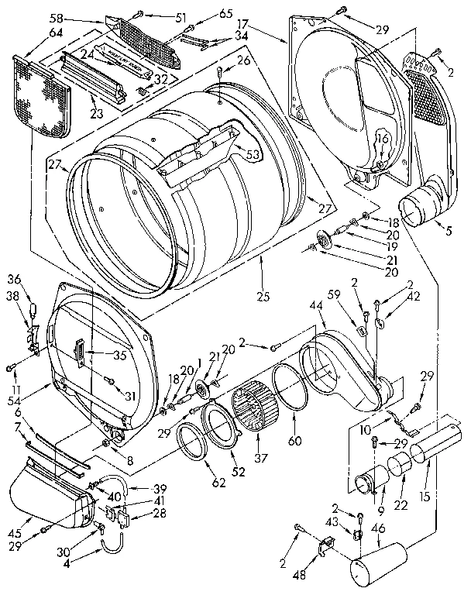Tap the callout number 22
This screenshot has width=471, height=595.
[x=401, y=506]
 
